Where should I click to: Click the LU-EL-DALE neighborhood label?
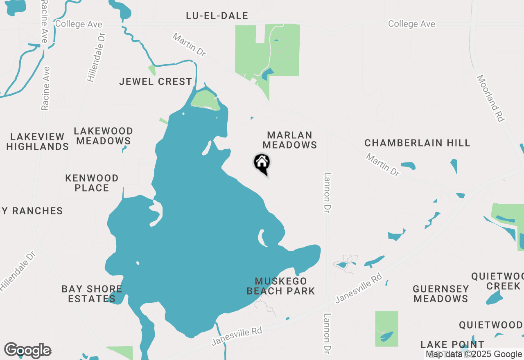[x=217, y=16]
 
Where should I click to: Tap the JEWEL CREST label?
[x=156, y=81]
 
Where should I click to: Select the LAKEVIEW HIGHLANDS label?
[x=38, y=142]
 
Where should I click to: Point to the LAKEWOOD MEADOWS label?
[x=104, y=136]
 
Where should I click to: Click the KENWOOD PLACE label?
[x=92, y=183]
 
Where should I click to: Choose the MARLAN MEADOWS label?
[x=290, y=140]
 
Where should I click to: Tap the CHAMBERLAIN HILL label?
[x=417, y=143]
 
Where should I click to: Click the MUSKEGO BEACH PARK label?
[x=281, y=286]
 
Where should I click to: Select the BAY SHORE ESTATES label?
[x=92, y=294]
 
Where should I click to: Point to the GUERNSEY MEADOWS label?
[x=441, y=294]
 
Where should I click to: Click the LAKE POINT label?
[x=452, y=344]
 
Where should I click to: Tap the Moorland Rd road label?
[x=490, y=98]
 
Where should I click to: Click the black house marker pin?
[x=262, y=163]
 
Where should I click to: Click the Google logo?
[x=27, y=351]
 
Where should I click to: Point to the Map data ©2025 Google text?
[x=474, y=354]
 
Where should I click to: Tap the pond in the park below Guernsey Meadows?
[x=386, y=336]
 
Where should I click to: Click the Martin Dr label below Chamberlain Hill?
[x=383, y=165]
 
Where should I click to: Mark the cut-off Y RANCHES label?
[x=32, y=211]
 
